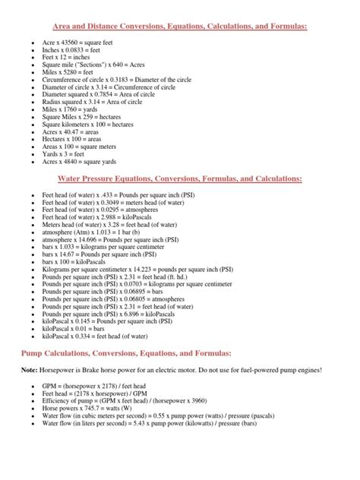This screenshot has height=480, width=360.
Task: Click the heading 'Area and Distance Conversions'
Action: [180, 27]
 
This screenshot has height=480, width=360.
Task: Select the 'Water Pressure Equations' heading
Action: [180, 179]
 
